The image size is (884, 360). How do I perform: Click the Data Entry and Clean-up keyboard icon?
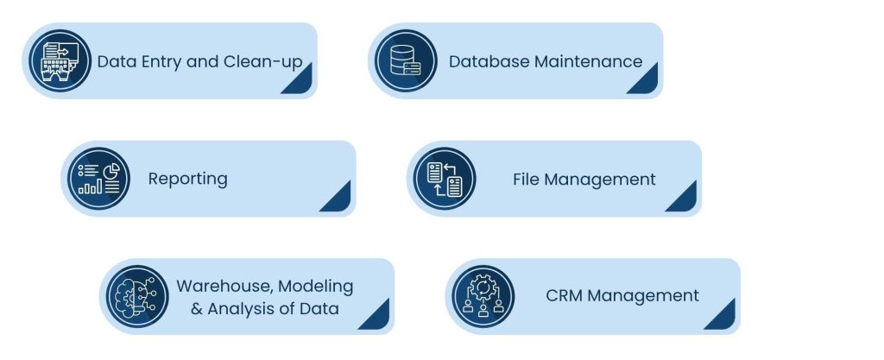pos(60,61)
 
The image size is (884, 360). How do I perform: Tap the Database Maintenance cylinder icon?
pos(406,61)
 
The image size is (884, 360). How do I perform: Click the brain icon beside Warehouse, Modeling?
pos(137,296)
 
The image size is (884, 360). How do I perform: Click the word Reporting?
pos(187,179)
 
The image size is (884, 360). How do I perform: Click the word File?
pos(527,179)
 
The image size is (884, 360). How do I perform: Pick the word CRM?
pos(565,296)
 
